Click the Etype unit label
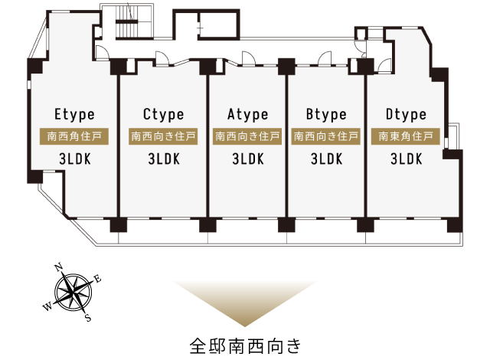click(x=74, y=115)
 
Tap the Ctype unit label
click(x=163, y=115)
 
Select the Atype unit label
click(x=248, y=115)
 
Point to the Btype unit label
click(x=326, y=115)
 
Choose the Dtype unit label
click(x=406, y=115)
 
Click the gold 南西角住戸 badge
click(x=74, y=136)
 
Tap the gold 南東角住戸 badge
click(x=406, y=136)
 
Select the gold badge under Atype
click(x=247, y=136)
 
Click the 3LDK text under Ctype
click(x=164, y=159)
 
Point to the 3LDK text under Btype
click(x=327, y=159)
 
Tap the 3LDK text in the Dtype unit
click(x=407, y=159)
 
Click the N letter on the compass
click(x=58, y=267)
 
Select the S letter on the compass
click(x=89, y=318)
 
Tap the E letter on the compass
click(x=98, y=279)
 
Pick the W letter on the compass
click(x=47, y=307)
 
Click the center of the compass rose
click(x=73, y=293)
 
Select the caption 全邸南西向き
click(x=245, y=346)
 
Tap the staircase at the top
click(x=126, y=21)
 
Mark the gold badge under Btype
click(x=325, y=136)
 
